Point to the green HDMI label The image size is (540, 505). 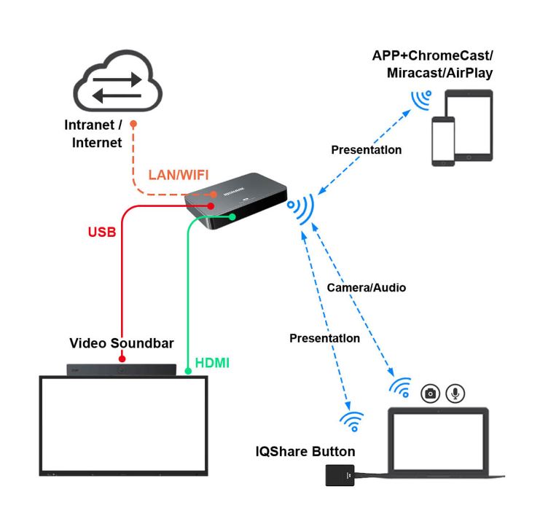pyautogui.click(x=212, y=361)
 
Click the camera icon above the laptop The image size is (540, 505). pyautogui.click(x=431, y=394)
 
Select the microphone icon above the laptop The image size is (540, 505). pyautogui.click(x=455, y=394)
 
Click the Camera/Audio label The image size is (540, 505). pyautogui.click(x=366, y=288)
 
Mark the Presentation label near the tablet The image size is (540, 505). pyautogui.click(x=366, y=150)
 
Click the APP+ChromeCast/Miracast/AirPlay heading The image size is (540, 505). pyautogui.click(x=432, y=64)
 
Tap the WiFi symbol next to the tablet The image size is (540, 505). pyautogui.click(x=420, y=99)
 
